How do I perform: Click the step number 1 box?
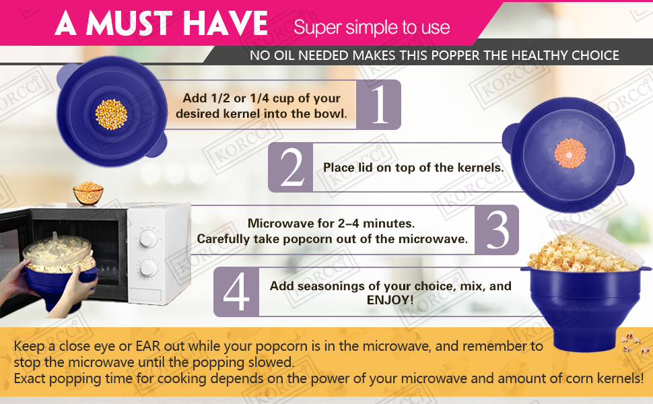(378, 104)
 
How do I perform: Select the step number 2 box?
(291, 167)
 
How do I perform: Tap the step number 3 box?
(497, 230)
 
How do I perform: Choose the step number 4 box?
(236, 292)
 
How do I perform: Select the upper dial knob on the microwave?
(147, 239)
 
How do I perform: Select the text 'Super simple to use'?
(372, 28)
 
